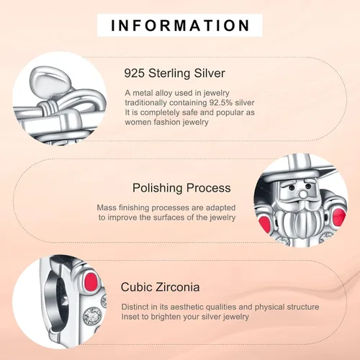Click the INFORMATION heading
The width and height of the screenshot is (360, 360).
[x=180, y=25]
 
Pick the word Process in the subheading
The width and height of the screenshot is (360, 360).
[x=209, y=188]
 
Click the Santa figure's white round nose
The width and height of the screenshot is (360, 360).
[x=304, y=194]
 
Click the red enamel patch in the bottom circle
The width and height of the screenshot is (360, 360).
[x=91, y=280]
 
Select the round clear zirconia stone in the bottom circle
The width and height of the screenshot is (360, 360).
[x=91, y=315]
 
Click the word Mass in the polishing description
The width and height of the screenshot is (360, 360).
[x=107, y=207]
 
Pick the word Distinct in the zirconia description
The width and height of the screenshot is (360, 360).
[x=135, y=307]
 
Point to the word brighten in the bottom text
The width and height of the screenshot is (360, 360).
[x=166, y=317]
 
